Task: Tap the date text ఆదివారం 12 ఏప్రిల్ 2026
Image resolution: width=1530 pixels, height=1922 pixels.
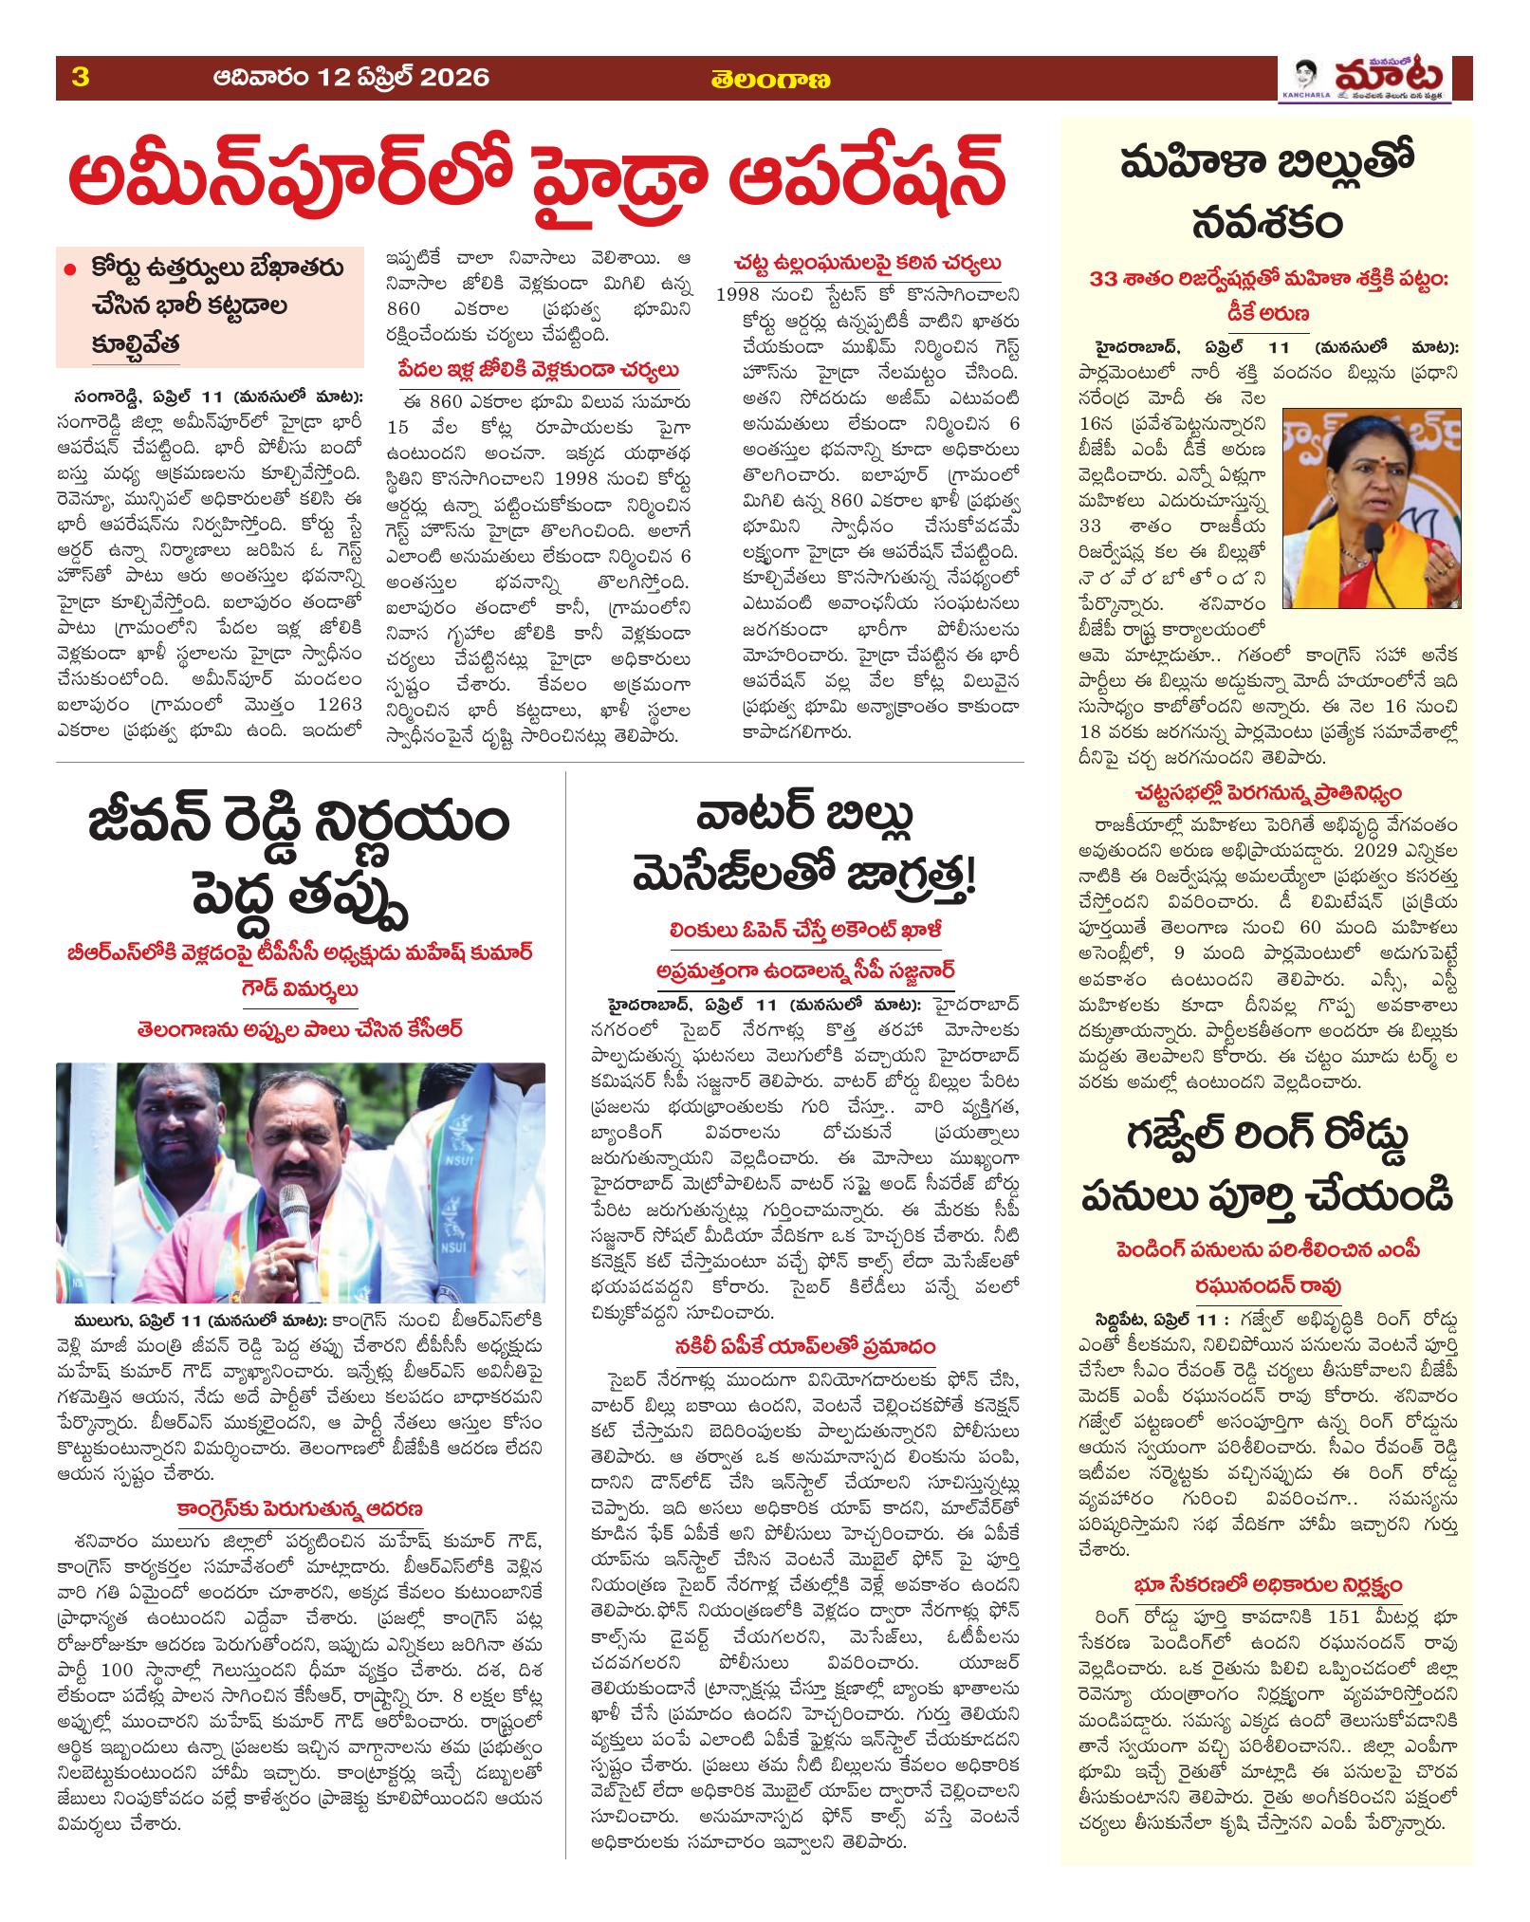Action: pyautogui.click(x=352, y=78)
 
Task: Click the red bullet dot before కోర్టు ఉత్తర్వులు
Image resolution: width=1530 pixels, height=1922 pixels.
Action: pyautogui.click(x=69, y=270)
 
